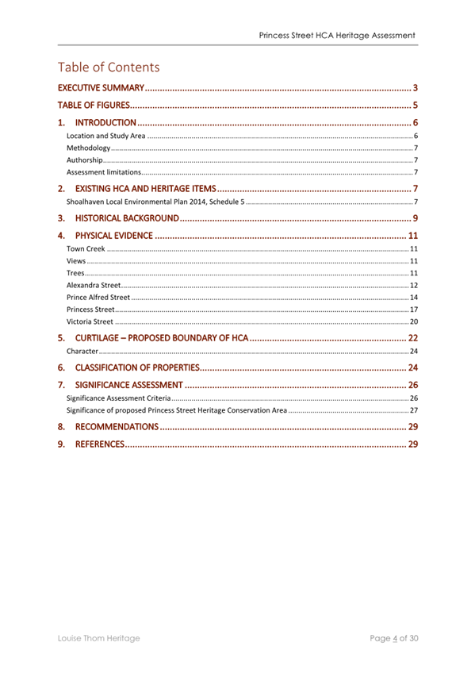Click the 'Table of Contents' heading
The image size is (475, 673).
tap(109, 67)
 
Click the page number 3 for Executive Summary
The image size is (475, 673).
tap(415, 87)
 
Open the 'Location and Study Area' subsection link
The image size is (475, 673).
tap(106, 137)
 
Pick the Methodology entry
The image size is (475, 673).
tap(89, 148)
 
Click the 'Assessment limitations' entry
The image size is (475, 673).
tap(104, 171)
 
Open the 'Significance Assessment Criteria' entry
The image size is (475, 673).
tap(119, 398)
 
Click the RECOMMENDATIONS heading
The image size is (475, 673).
tap(116, 427)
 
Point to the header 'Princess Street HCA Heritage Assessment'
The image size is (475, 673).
tap(337, 36)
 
